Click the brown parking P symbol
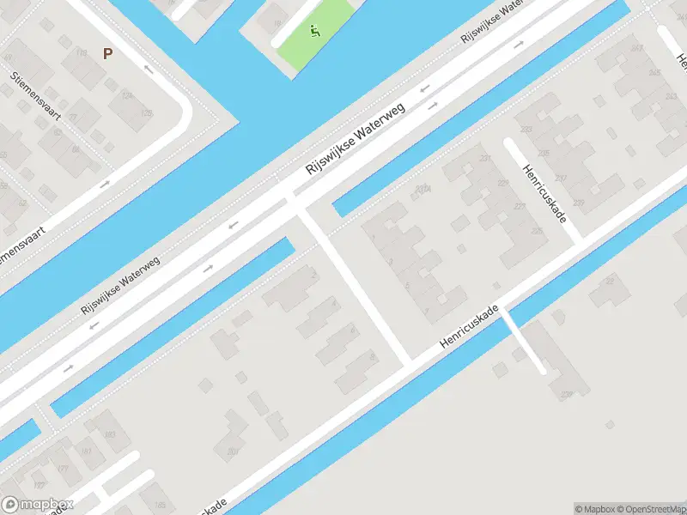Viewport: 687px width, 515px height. click(108, 53)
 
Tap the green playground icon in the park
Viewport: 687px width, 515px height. click(315, 33)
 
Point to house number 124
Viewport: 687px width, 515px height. click(126, 94)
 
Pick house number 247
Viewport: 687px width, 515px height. click(635, 49)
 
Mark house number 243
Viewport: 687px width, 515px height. click(670, 96)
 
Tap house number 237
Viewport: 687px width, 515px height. click(561, 179)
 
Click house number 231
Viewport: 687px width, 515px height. click(485, 158)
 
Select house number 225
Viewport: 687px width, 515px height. click(538, 232)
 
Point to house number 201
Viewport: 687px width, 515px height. click(233, 451)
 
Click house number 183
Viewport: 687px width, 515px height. click(110, 434)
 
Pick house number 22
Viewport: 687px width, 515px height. click(611, 280)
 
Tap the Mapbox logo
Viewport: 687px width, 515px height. click(37, 505)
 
